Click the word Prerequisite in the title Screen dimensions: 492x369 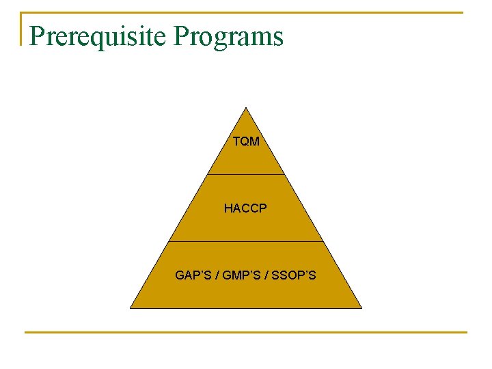96,36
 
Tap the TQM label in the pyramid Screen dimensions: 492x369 246,142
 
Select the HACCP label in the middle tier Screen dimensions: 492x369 245,208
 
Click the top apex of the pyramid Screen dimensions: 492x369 246,108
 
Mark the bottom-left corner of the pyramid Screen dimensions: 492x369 131,308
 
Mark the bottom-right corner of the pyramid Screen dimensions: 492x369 361,308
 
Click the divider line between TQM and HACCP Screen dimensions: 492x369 246,174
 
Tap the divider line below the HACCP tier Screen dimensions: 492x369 246,241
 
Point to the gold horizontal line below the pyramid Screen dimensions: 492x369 246,333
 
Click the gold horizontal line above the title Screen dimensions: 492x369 246,12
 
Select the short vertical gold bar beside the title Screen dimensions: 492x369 21,29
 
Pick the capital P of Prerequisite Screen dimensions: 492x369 38,36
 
